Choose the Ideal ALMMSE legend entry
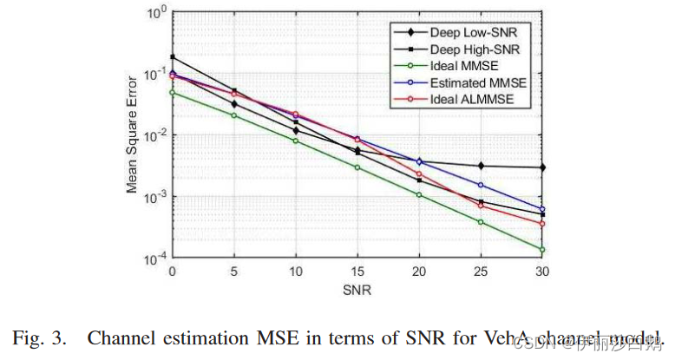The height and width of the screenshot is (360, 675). [x=465, y=100]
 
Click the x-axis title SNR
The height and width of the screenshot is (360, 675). [x=357, y=291]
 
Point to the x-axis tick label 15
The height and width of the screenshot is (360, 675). [x=357, y=272]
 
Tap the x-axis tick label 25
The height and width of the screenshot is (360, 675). [x=482, y=272]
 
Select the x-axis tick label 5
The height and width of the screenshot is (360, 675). [x=234, y=272]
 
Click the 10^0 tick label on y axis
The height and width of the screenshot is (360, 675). [x=155, y=15]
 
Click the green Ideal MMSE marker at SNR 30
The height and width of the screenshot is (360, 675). [x=543, y=250]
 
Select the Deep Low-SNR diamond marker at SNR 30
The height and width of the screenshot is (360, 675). [x=543, y=167]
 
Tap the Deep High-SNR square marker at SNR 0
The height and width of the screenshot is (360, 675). [x=172, y=57]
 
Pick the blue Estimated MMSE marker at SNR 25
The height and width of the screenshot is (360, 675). [x=482, y=185]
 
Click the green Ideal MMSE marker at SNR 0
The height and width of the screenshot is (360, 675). [x=172, y=93]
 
